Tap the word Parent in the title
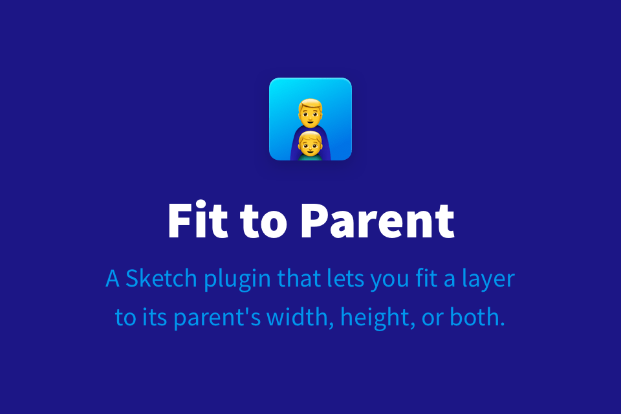coord(378,221)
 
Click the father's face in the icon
coord(310,115)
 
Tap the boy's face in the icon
coord(310,146)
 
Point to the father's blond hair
coord(310,105)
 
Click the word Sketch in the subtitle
coord(161,278)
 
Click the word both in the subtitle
coord(477,317)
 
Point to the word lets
coord(345,278)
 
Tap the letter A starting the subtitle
coord(113,278)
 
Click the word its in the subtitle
coord(155,318)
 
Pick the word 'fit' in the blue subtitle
coord(426,278)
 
